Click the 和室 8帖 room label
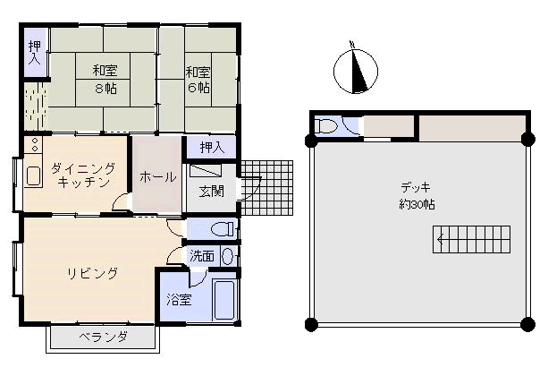105,79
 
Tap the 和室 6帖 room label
198,80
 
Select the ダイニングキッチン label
83,175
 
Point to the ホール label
158,176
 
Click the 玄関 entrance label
212,192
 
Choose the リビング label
93,273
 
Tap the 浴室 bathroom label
179,299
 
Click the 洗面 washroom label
202,256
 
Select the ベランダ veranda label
103,338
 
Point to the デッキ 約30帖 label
417,196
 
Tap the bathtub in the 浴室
224,300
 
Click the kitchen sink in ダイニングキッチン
34,175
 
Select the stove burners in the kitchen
35,145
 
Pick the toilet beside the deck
325,125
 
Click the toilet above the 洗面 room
223,229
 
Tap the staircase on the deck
471,239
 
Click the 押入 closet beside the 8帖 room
35,53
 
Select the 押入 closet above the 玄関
212,148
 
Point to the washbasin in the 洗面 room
228,256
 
